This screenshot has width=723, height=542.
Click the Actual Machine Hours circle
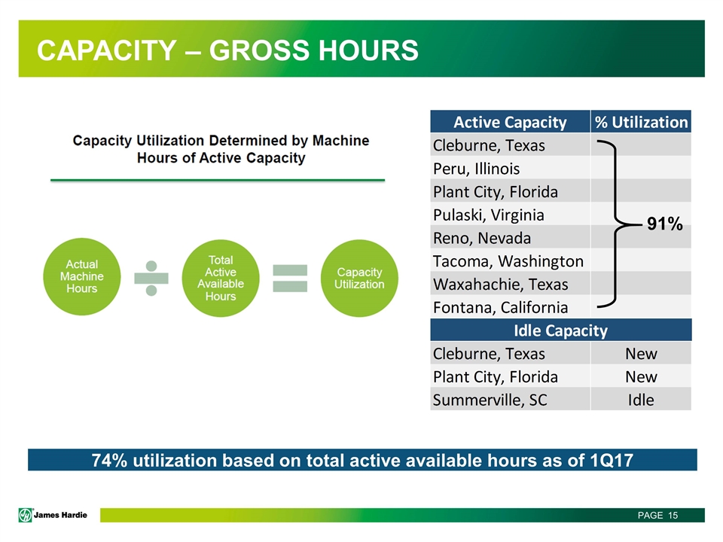click(x=81, y=276)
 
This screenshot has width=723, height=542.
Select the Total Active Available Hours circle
click(x=221, y=278)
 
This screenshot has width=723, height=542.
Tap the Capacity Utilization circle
click(x=359, y=278)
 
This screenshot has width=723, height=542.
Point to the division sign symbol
click(x=151, y=278)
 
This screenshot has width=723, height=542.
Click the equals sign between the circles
click(x=290, y=278)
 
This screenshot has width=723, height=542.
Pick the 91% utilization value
click(x=664, y=224)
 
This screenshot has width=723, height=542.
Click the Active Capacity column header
click(x=510, y=122)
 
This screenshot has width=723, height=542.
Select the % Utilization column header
click(x=641, y=122)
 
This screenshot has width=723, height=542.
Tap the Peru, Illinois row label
click(x=476, y=169)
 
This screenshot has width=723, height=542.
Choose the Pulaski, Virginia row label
click(x=489, y=215)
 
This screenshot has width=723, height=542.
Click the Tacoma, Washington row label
click(x=508, y=261)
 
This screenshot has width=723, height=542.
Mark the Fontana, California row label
click(x=500, y=307)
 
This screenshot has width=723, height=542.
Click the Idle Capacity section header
click(x=560, y=330)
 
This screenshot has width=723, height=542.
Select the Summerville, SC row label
click(x=490, y=400)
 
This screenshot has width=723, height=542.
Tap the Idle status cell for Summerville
click(x=641, y=400)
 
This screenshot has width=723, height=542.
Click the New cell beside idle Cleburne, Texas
click(x=641, y=354)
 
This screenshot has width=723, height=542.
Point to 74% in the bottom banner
click(x=109, y=461)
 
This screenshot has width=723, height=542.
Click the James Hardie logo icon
click(x=26, y=515)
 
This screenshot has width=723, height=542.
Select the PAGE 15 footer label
click(x=657, y=515)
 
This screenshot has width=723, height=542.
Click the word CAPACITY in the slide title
click(x=106, y=50)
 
